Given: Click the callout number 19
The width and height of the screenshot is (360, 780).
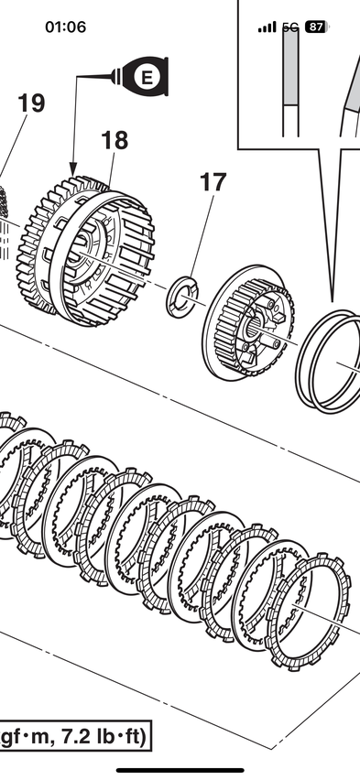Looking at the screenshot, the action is point(31,103).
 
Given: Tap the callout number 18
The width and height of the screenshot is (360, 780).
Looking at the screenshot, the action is point(115,140).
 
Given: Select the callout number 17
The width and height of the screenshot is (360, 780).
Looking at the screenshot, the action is point(213,182).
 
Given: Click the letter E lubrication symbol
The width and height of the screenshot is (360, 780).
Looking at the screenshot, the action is point(146,77).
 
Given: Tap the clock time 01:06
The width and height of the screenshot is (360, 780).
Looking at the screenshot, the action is point(65,27).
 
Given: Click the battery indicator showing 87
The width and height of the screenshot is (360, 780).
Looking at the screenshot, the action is point(316,27).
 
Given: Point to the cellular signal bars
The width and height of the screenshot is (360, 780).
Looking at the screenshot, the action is point(267,27).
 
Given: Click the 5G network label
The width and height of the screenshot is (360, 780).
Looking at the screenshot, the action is point(290,27).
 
